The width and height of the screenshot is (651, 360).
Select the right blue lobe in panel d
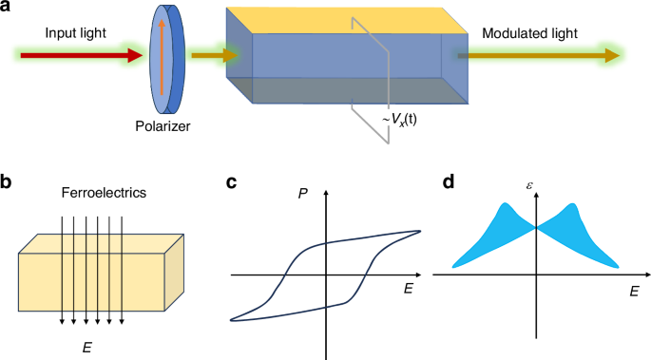(x=580, y=233)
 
